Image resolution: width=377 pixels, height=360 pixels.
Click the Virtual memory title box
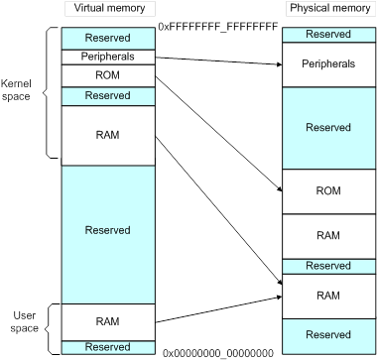click(x=108, y=9)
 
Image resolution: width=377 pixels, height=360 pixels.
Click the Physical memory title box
click(x=327, y=9)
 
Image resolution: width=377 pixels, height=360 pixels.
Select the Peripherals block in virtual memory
click(x=108, y=57)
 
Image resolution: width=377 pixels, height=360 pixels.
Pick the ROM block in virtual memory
click(x=108, y=75)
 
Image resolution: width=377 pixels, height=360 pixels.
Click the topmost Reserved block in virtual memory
click(x=108, y=37)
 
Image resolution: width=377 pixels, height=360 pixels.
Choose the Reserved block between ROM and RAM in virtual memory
click(x=108, y=96)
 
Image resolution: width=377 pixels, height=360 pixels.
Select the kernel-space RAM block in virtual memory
click(x=108, y=135)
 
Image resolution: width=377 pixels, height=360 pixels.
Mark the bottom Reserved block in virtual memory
click(x=108, y=347)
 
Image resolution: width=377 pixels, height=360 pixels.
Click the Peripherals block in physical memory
click(x=327, y=63)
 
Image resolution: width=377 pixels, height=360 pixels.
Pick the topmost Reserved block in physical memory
click(x=327, y=35)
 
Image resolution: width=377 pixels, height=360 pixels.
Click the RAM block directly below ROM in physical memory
click(x=327, y=237)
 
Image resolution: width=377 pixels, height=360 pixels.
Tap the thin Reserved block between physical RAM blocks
click(x=327, y=266)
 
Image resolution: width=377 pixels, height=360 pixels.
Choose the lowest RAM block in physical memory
click(x=327, y=296)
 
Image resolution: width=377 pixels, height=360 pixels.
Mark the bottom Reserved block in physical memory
click(x=327, y=333)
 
